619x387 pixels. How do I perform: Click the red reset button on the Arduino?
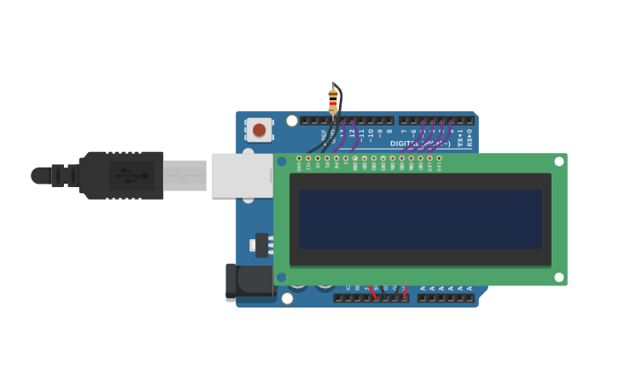click(259, 130)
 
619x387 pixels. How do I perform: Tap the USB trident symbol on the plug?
click(131, 175)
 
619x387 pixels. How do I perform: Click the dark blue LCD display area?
click(420, 220)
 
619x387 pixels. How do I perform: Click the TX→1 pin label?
click(460, 138)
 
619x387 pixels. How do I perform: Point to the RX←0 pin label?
click(470, 138)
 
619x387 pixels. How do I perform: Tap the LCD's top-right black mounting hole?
click(559, 161)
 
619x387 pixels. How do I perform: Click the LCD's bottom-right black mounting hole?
click(559, 277)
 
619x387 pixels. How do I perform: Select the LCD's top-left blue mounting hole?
click(282, 161)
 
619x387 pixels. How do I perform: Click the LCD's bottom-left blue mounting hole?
click(282, 277)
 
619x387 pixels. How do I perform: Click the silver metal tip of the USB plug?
click(184, 175)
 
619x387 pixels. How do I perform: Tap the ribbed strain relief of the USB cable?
click(63, 176)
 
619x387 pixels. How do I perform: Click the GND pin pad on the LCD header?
click(299, 158)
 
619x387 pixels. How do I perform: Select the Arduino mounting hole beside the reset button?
click(292, 120)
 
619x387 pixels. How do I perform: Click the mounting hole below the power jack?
click(287, 298)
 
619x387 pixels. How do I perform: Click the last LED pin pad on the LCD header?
click(439, 158)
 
